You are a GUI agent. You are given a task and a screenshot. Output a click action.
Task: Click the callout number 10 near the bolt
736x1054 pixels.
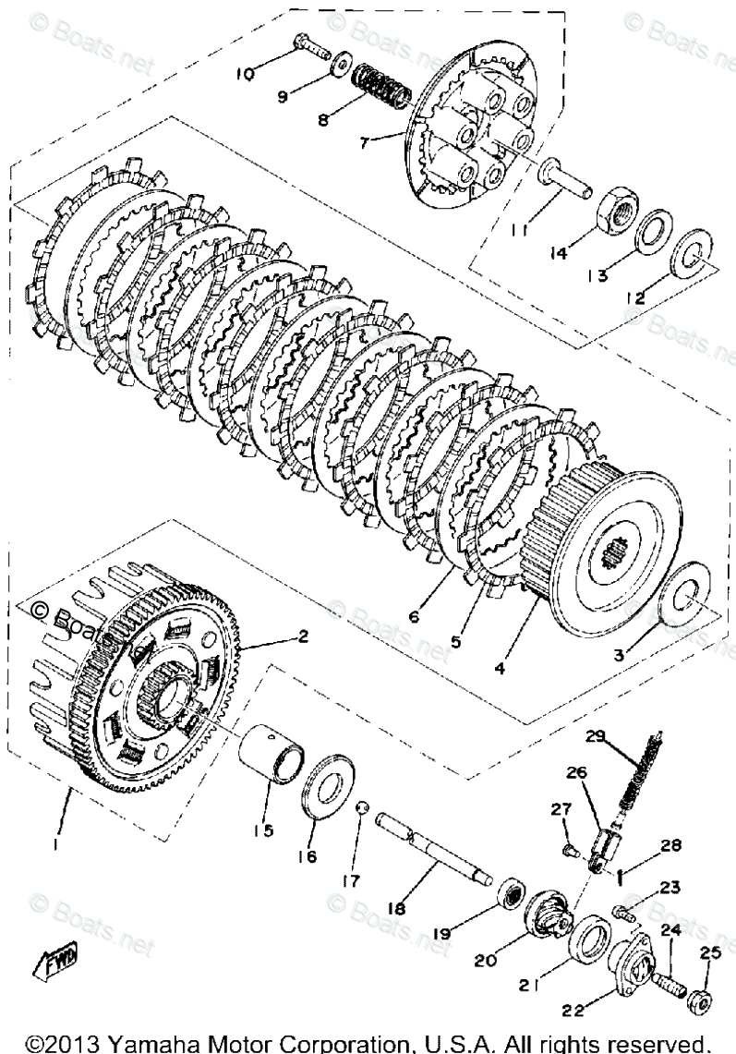(247, 75)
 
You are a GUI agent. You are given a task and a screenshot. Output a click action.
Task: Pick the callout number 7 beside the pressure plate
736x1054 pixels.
(367, 143)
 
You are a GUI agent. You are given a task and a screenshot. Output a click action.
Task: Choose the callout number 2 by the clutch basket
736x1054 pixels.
(302, 636)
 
